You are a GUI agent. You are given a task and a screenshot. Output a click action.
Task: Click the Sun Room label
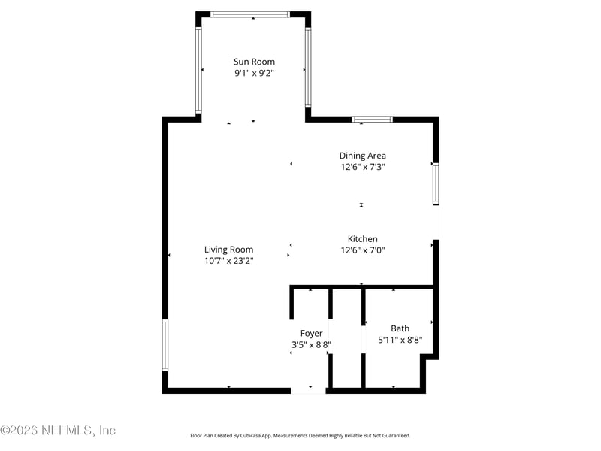[254, 62]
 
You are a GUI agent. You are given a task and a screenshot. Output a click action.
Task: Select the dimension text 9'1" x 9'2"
[254, 74]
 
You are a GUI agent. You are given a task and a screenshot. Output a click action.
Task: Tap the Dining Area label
[362, 156]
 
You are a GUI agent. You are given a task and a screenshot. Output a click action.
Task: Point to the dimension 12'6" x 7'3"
[362, 168]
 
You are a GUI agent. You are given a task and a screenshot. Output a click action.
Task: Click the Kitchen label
[362, 239]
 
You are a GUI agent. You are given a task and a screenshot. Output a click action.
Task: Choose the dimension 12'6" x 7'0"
[362, 250]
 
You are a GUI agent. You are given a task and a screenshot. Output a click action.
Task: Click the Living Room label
[228, 250]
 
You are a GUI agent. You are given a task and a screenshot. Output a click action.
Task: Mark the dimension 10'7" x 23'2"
[228, 261]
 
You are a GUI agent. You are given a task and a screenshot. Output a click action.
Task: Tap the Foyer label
[311, 333]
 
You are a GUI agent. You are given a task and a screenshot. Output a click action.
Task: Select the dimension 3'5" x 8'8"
[311, 345]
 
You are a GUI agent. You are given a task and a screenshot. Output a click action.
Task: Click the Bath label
[400, 328]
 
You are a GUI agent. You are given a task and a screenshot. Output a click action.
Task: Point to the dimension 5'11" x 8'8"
[400, 340]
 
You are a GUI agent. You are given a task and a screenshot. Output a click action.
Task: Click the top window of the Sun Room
[249, 14]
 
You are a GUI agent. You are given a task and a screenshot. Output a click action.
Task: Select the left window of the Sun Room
[198, 71]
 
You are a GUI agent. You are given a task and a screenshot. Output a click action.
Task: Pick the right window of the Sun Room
[308, 68]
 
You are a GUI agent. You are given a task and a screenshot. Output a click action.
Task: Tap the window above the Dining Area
[372, 119]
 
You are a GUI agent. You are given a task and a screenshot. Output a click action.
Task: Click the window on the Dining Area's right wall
[436, 183]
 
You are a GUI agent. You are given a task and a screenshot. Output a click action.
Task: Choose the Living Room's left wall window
[165, 345]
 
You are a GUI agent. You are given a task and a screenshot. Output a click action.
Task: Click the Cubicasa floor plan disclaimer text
[300, 435]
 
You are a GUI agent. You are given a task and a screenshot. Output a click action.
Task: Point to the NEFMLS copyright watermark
[58, 431]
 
